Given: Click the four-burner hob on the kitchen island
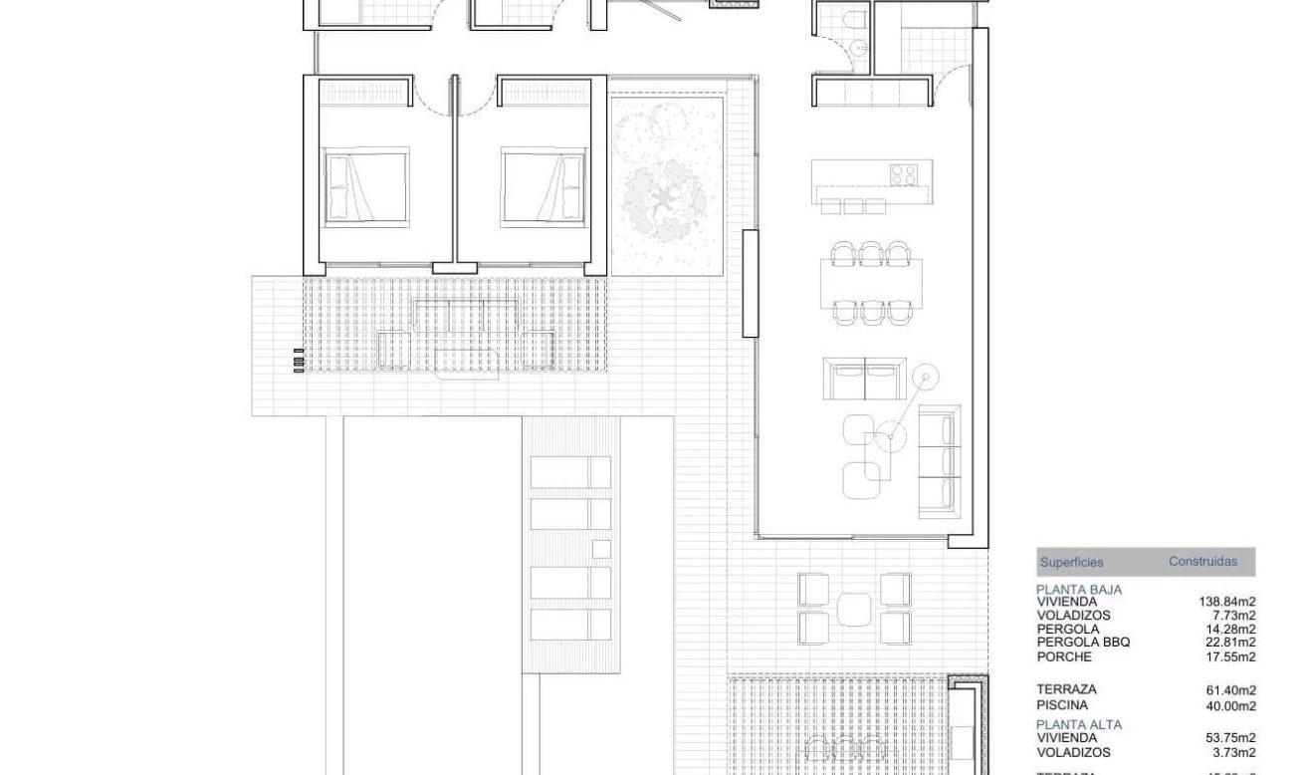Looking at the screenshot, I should [904, 174].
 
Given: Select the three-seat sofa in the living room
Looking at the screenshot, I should [940, 461].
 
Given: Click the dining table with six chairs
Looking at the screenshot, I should [872, 283].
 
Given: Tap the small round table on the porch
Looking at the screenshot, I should [854, 609].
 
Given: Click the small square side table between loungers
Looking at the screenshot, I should [600, 548].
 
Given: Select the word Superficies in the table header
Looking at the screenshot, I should [1071, 563].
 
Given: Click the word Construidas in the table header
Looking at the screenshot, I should [1202, 562].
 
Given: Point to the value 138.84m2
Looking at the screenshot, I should [1227, 602].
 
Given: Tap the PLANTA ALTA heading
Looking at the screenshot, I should [1079, 724].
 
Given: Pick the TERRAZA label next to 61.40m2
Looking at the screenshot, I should [1066, 689].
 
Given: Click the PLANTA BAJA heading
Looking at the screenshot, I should [1079, 589].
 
